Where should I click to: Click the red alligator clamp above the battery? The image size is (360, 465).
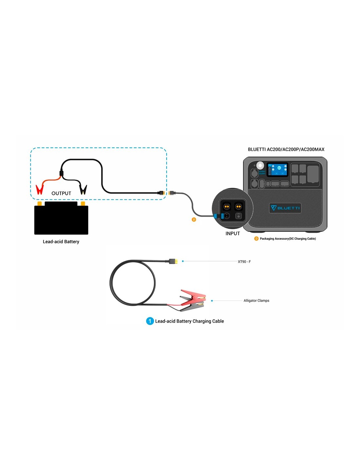tap(40, 189)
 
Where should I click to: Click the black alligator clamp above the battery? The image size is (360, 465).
tap(83, 189)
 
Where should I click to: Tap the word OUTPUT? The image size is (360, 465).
tap(61, 193)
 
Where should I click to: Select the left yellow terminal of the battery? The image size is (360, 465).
tap(40, 204)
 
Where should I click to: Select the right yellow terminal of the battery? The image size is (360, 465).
tap(83, 204)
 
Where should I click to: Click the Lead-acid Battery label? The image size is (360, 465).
tap(61, 242)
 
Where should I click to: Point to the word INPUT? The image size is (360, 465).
tap(232, 233)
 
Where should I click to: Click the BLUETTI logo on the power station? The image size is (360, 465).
tap(285, 208)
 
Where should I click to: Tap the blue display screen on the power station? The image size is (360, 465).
tap(278, 169)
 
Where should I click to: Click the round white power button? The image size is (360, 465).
tap(260, 165)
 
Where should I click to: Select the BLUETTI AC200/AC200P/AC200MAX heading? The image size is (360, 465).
tap(286, 149)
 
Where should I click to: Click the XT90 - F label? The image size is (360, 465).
tap(244, 262)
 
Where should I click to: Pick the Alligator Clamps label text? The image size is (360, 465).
tap(256, 301)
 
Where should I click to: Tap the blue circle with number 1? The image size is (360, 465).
tap(150, 321)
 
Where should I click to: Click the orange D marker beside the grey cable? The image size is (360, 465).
tap(194, 219)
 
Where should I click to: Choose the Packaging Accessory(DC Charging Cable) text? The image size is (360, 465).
tap(288, 239)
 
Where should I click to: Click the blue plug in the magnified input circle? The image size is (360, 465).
tap(216, 216)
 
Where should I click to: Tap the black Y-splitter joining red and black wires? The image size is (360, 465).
tap(61, 173)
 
